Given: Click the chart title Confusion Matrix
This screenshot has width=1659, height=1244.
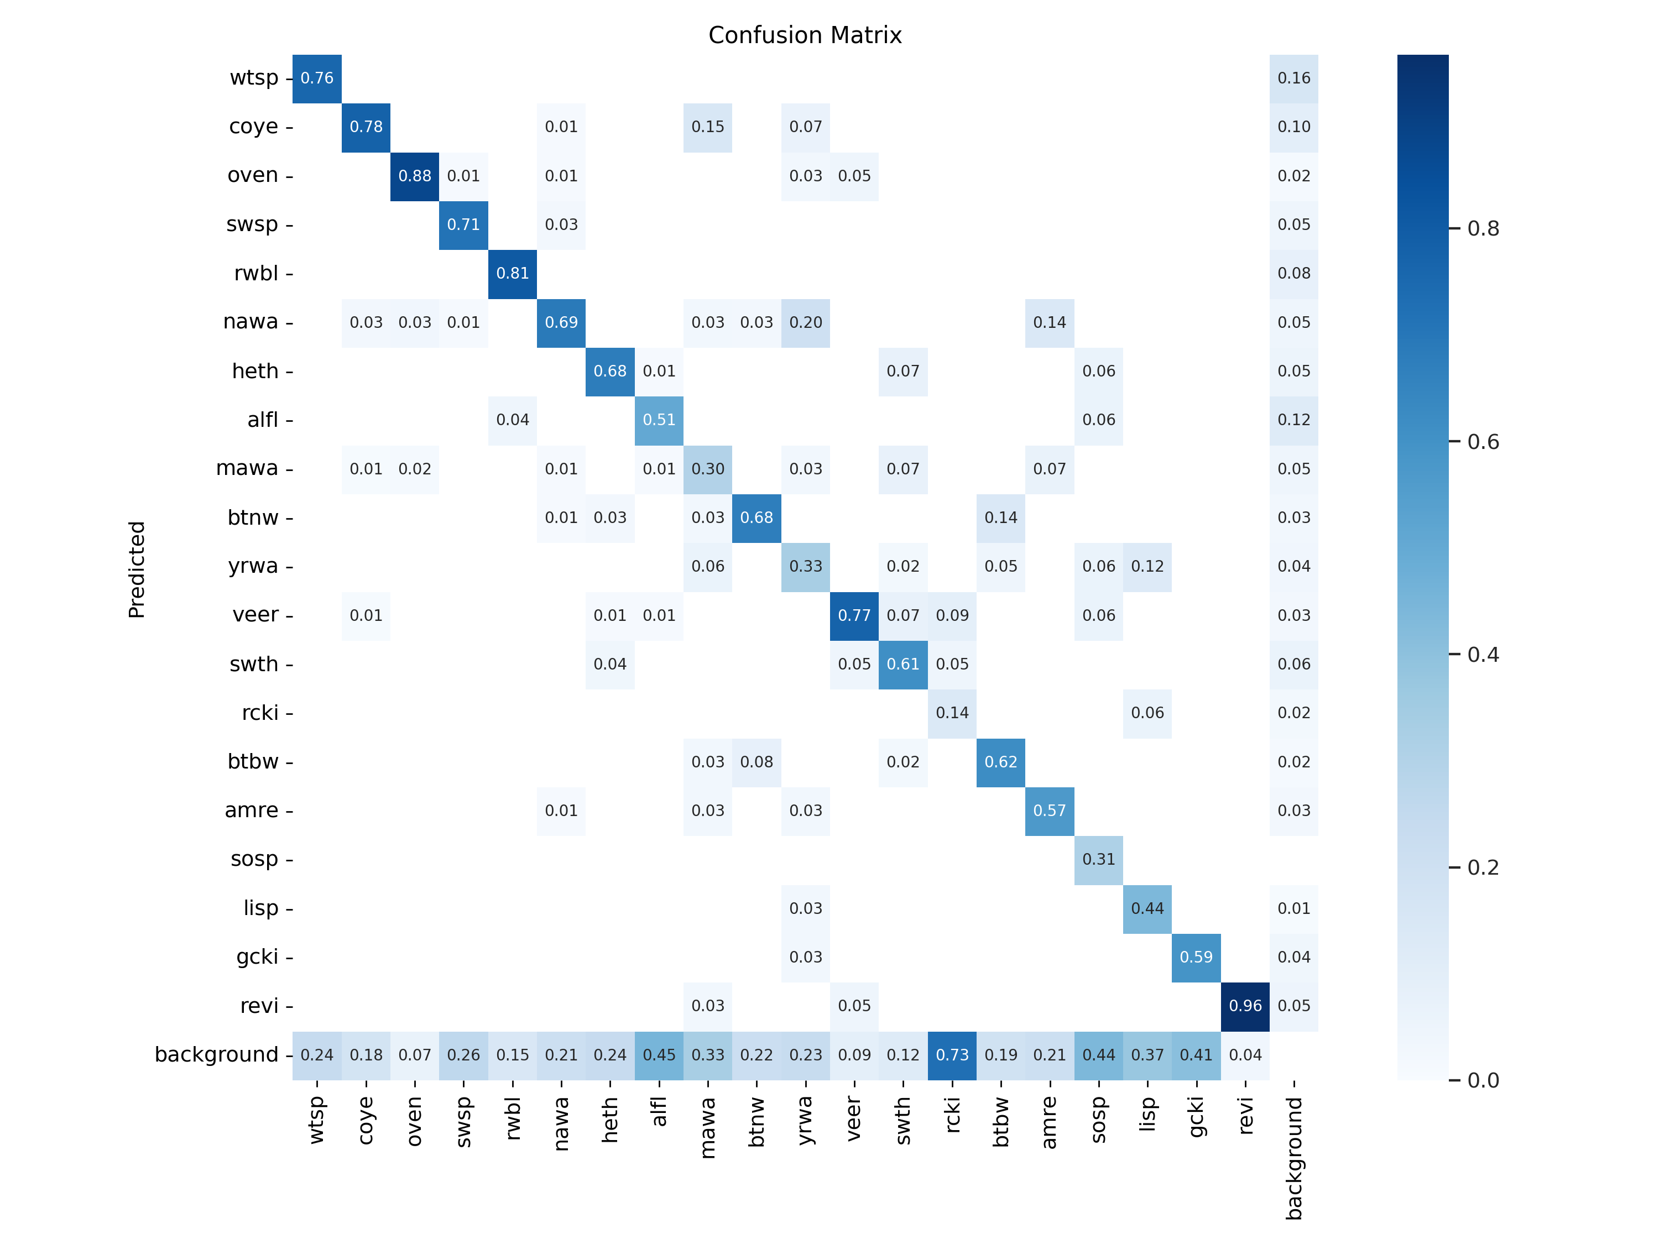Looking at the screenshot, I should [805, 35].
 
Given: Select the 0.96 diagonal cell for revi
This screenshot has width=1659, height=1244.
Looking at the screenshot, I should [1245, 1006].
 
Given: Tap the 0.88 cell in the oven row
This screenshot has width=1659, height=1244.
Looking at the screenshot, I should [415, 175].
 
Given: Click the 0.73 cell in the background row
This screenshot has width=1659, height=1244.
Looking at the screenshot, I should [952, 1054].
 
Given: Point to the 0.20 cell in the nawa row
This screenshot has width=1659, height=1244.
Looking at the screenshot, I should [806, 322].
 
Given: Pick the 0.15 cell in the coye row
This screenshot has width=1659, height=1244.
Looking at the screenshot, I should [708, 127].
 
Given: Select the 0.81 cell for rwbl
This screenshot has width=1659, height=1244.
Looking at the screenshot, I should [512, 274].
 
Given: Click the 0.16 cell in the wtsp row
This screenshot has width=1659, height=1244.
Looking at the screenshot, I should [1294, 78].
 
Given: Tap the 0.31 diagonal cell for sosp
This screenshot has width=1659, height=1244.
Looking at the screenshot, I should [1099, 859].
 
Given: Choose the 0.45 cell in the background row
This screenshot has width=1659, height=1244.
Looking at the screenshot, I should [659, 1054].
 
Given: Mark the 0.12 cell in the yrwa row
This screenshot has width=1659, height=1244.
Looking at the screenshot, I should [1147, 566].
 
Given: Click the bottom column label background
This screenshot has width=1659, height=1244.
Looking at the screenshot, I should [1294, 1158].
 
